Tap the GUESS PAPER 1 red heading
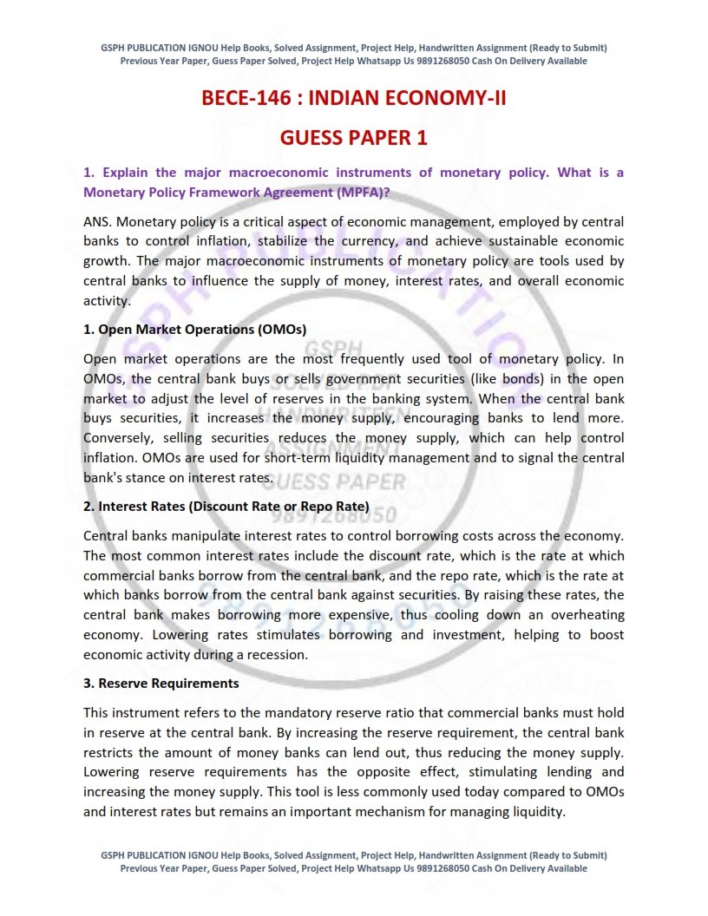[x=353, y=138]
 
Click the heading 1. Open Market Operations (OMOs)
[x=194, y=329]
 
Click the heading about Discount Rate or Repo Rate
[x=226, y=506]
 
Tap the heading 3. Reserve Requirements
[x=161, y=683]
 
